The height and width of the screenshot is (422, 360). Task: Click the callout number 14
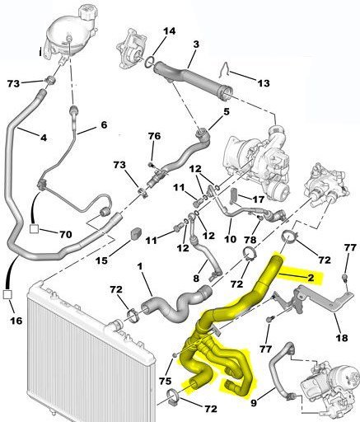click(170, 30)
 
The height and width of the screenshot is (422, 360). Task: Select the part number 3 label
click(196, 45)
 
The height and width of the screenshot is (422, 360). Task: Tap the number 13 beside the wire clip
click(264, 83)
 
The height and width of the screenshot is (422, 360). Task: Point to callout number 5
click(227, 112)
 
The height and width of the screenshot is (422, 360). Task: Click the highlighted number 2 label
click(311, 278)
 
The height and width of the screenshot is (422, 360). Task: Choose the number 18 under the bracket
click(342, 337)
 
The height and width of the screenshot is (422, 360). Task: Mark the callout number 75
click(166, 381)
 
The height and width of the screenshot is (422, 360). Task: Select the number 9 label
click(254, 403)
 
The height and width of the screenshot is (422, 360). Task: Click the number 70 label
click(66, 234)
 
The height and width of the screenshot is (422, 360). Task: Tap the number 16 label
click(16, 321)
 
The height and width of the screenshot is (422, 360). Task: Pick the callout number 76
click(154, 136)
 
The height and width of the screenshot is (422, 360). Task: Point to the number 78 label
click(250, 240)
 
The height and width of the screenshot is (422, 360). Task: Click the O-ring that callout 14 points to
click(149, 61)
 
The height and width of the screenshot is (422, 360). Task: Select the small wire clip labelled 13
click(225, 70)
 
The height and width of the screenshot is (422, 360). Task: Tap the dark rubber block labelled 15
click(135, 232)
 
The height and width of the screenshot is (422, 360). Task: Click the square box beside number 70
click(34, 228)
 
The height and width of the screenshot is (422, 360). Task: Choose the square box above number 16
click(7, 294)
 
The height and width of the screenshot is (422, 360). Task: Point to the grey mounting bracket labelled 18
click(325, 298)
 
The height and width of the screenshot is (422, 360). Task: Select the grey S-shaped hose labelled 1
click(175, 305)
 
